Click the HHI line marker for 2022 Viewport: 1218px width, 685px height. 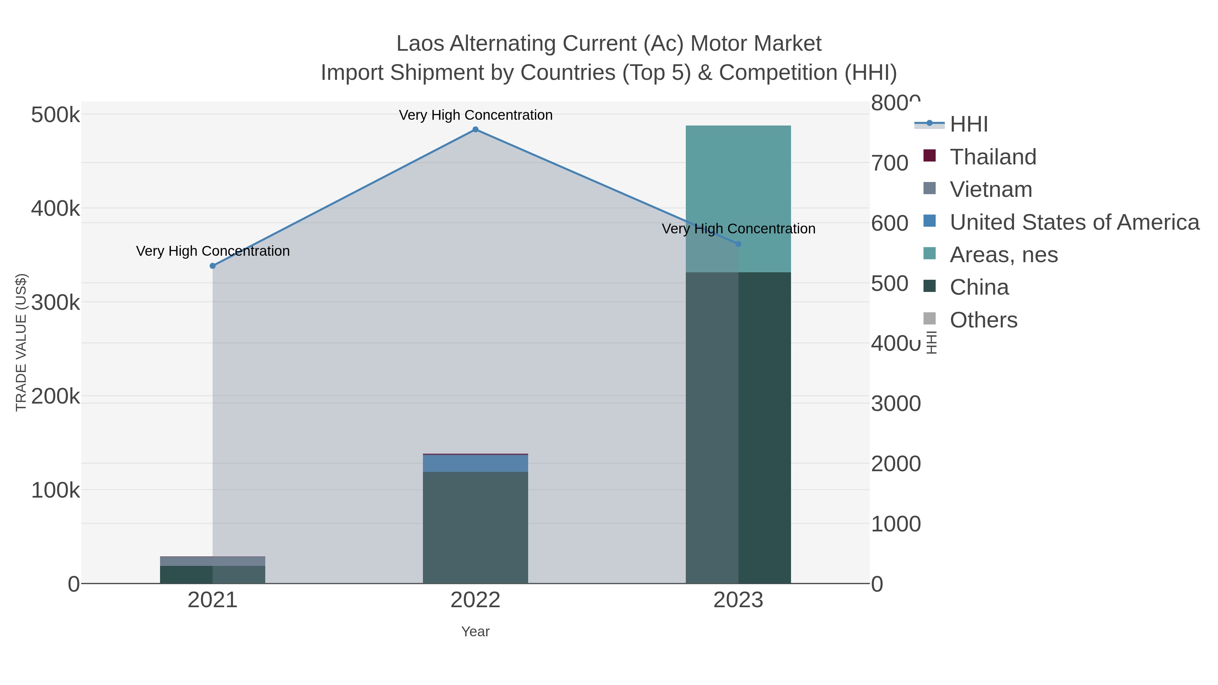click(x=475, y=130)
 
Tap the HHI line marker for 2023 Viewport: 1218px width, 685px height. click(x=738, y=244)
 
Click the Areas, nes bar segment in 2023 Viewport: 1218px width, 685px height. click(x=738, y=199)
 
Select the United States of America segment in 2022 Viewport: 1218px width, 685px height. click(x=475, y=463)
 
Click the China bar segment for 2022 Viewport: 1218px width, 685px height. click(x=475, y=527)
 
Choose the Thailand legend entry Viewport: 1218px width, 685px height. click(x=993, y=157)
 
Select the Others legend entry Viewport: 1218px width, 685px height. click(x=984, y=320)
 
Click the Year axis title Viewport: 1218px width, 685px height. click(x=475, y=632)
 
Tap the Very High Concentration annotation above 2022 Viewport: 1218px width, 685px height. click(x=475, y=115)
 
